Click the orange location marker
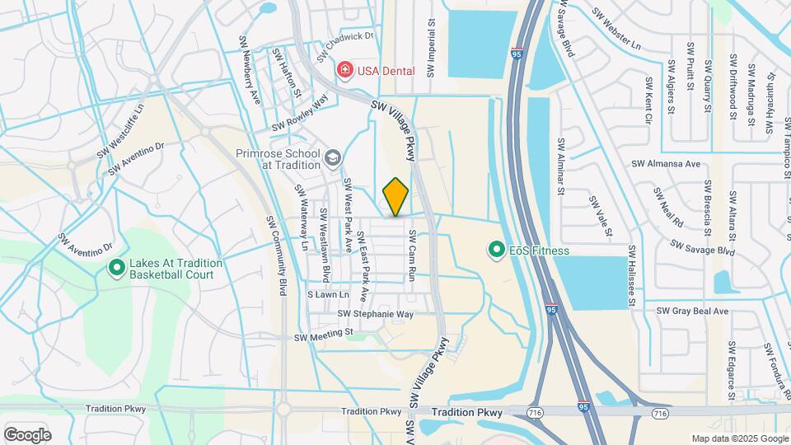tap(395, 197)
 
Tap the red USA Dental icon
tap(344, 70)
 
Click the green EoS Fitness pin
tap(496, 249)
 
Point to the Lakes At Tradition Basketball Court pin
tap(117, 268)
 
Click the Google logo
tap(27, 434)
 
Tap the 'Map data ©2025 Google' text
tap(739, 438)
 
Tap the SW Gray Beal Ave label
tap(692, 311)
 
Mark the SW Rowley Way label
tap(302, 112)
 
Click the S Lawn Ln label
tap(328, 294)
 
